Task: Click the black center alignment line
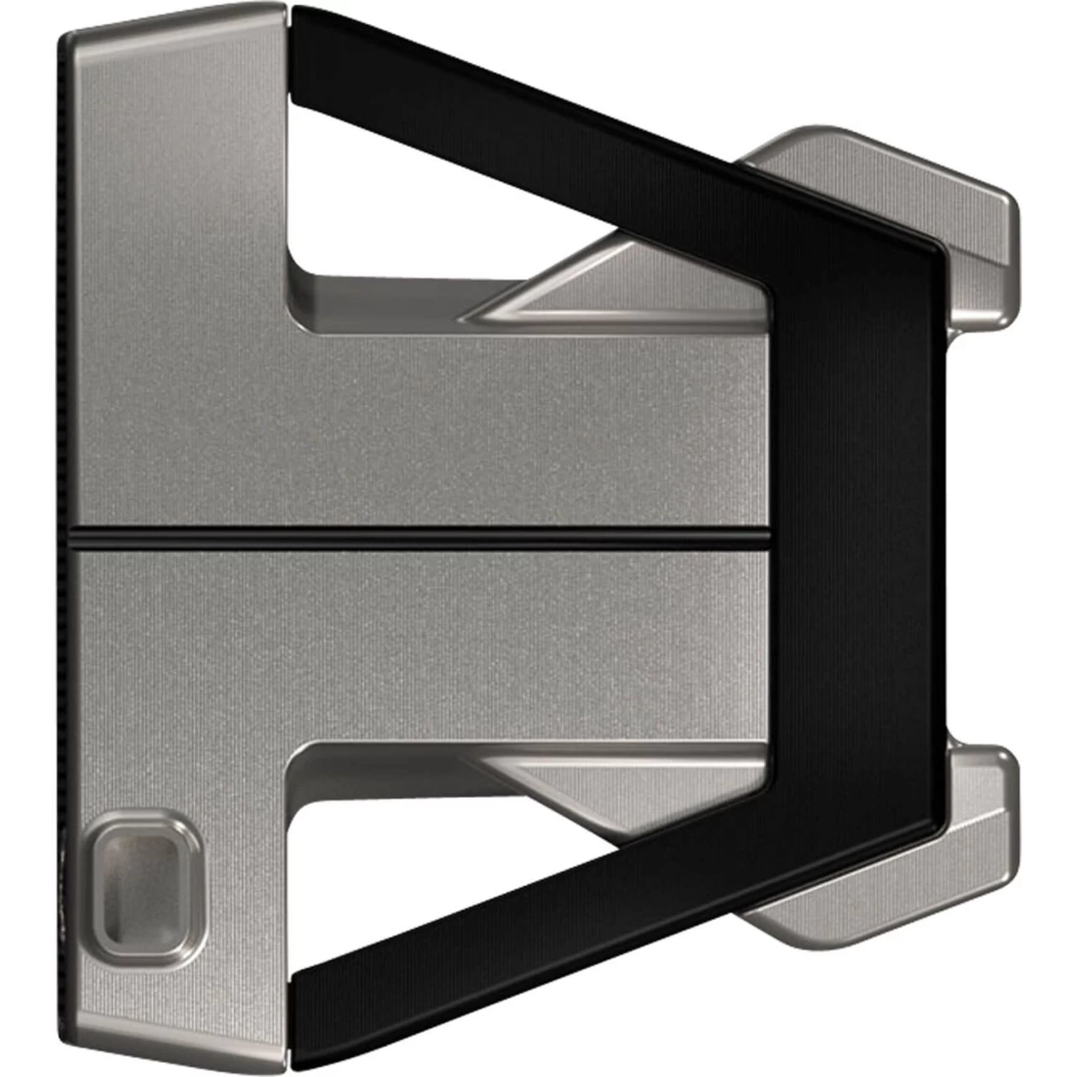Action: point(421,536)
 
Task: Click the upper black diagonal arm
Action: point(538,109)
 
